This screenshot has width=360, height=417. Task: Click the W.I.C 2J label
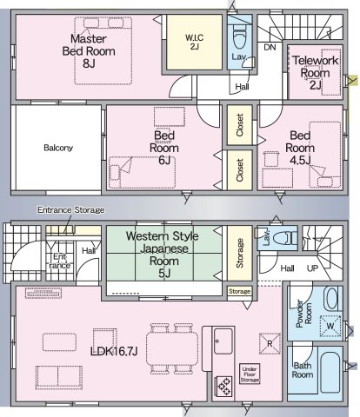tap(194, 42)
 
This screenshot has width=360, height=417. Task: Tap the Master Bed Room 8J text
tap(89, 51)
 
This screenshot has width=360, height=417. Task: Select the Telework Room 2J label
tap(316, 73)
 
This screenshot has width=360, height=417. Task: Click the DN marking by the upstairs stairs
tap(270, 47)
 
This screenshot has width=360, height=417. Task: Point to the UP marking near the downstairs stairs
tap(312, 268)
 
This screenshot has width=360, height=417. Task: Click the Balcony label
tap(58, 148)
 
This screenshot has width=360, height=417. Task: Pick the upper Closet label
tap(239, 125)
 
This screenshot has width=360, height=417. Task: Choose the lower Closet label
tap(239, 170)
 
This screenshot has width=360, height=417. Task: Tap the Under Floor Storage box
tap(250, 374)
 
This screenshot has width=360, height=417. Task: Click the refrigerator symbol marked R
tap(270, 344)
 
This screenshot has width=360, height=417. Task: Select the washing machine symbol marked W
tap(330, 326)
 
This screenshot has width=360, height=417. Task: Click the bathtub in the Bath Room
tap(330, 373)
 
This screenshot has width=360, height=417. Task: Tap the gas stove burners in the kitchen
tap(224, 386)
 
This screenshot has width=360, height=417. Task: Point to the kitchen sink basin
tap(223, 341)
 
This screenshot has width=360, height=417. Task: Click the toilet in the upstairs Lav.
tap(240, 37)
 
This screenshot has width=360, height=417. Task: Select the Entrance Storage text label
tap(71, 210)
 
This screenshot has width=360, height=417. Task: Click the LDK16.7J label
tap(114, 351)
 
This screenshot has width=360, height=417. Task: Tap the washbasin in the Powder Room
tap(332, 298)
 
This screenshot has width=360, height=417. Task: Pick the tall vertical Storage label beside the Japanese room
tap(239, 253)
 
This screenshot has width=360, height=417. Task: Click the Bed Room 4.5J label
tap(300, 148)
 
